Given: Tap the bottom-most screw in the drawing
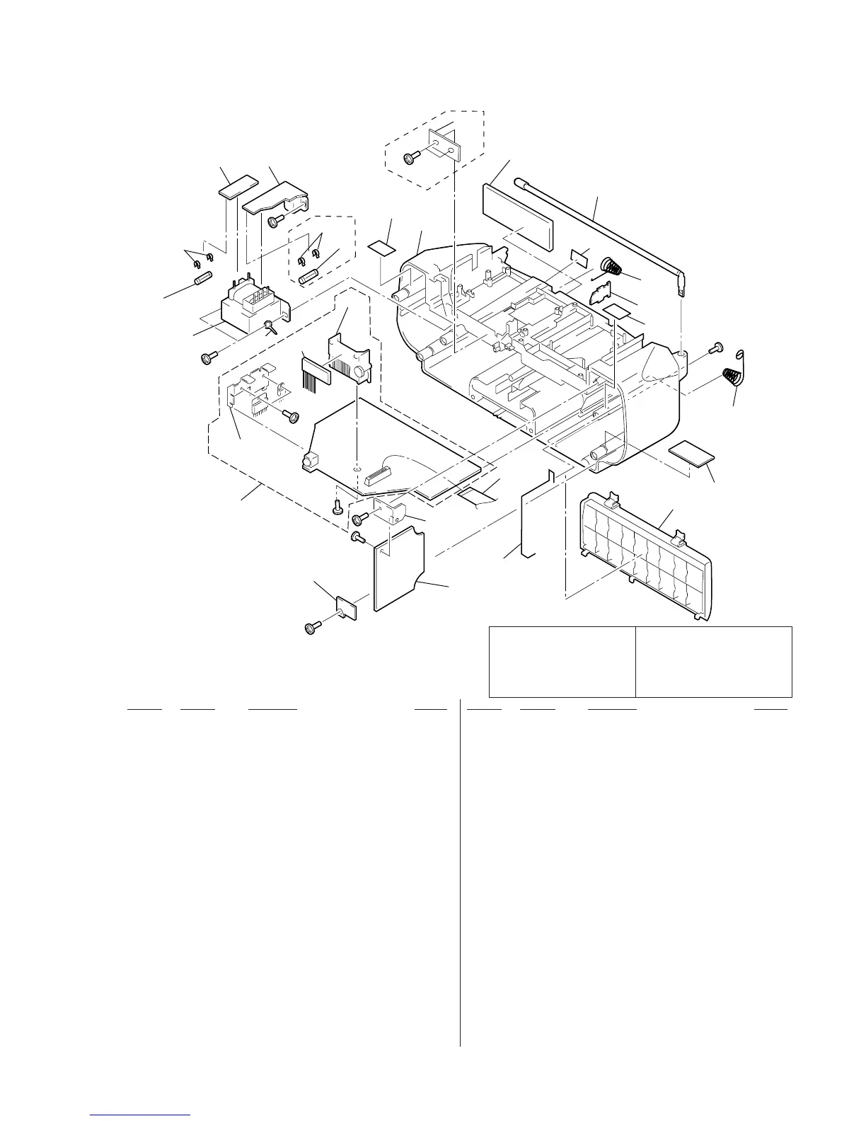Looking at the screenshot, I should (x=311, y=627).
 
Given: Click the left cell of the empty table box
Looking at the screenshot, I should (x=562, y=661).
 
